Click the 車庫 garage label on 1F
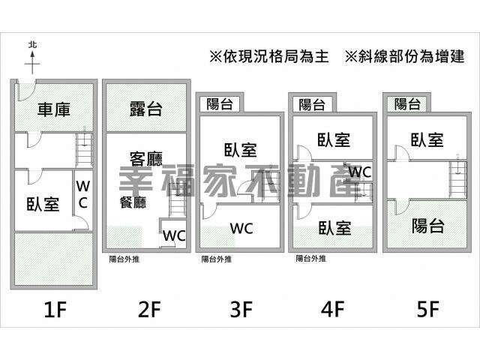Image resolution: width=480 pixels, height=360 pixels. (x=54, y=109)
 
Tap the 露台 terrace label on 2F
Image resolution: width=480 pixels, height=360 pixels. (x=145, y=109)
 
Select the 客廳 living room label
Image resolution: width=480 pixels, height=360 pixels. (x=146, y=158)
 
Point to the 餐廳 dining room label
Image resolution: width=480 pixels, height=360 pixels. (x=133, y=202)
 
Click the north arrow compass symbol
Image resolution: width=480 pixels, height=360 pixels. (x=32, y=58)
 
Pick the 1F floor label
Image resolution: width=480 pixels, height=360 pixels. (x=55, y=309)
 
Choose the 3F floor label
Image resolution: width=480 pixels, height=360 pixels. (x=241, y=309)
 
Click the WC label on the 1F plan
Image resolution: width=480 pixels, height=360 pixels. (x=83, y=195)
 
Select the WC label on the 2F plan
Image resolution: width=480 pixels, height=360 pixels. (x=174, y=235)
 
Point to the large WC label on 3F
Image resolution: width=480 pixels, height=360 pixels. (x=241, y=229)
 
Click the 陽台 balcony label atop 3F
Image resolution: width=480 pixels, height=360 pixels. (x=220, y=104)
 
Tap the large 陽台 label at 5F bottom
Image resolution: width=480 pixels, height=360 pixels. (x=427, y=226)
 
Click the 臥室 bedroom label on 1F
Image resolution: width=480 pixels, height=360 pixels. (x=43, y=204)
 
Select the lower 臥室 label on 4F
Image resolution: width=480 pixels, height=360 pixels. (x=335, y=228)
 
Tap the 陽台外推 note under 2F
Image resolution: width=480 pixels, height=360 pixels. (x=124, y=259)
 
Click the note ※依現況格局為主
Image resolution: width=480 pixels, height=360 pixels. (x=269, y=57)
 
